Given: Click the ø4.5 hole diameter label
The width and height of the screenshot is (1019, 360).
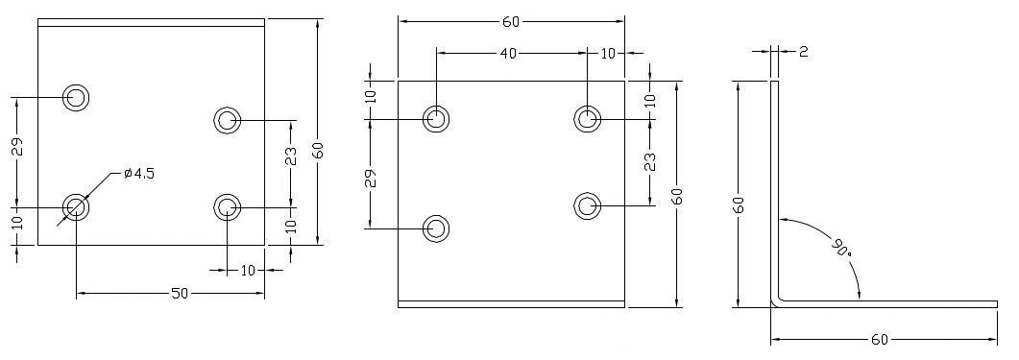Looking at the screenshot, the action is pyautogui.click(x=139, y=174).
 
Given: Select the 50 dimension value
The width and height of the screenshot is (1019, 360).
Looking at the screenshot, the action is pyautogui.click(x=180, y=294).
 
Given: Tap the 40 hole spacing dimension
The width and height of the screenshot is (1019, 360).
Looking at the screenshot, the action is pyautogui.click(x=508, y=54).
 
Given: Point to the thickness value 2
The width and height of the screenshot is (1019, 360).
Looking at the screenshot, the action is pyautogui.click(x=803, y=51).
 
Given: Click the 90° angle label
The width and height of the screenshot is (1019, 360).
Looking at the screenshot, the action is pyautogui.click(x=839, y=248).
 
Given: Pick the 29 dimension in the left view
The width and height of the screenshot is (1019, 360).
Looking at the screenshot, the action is pyautogui.click(x=18, y=147).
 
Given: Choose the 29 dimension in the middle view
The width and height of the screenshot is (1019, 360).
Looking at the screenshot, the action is pyautogui.click(x=371, y=178).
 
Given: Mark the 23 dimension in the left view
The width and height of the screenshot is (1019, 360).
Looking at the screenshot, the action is pyautogui.click(x=291, y=156).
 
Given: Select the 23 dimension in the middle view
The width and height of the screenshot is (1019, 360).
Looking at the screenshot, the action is pyautogui.click(x=650, y=162).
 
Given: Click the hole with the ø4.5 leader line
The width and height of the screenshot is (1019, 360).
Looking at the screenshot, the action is pyautogui.click(x=76, y=207).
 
